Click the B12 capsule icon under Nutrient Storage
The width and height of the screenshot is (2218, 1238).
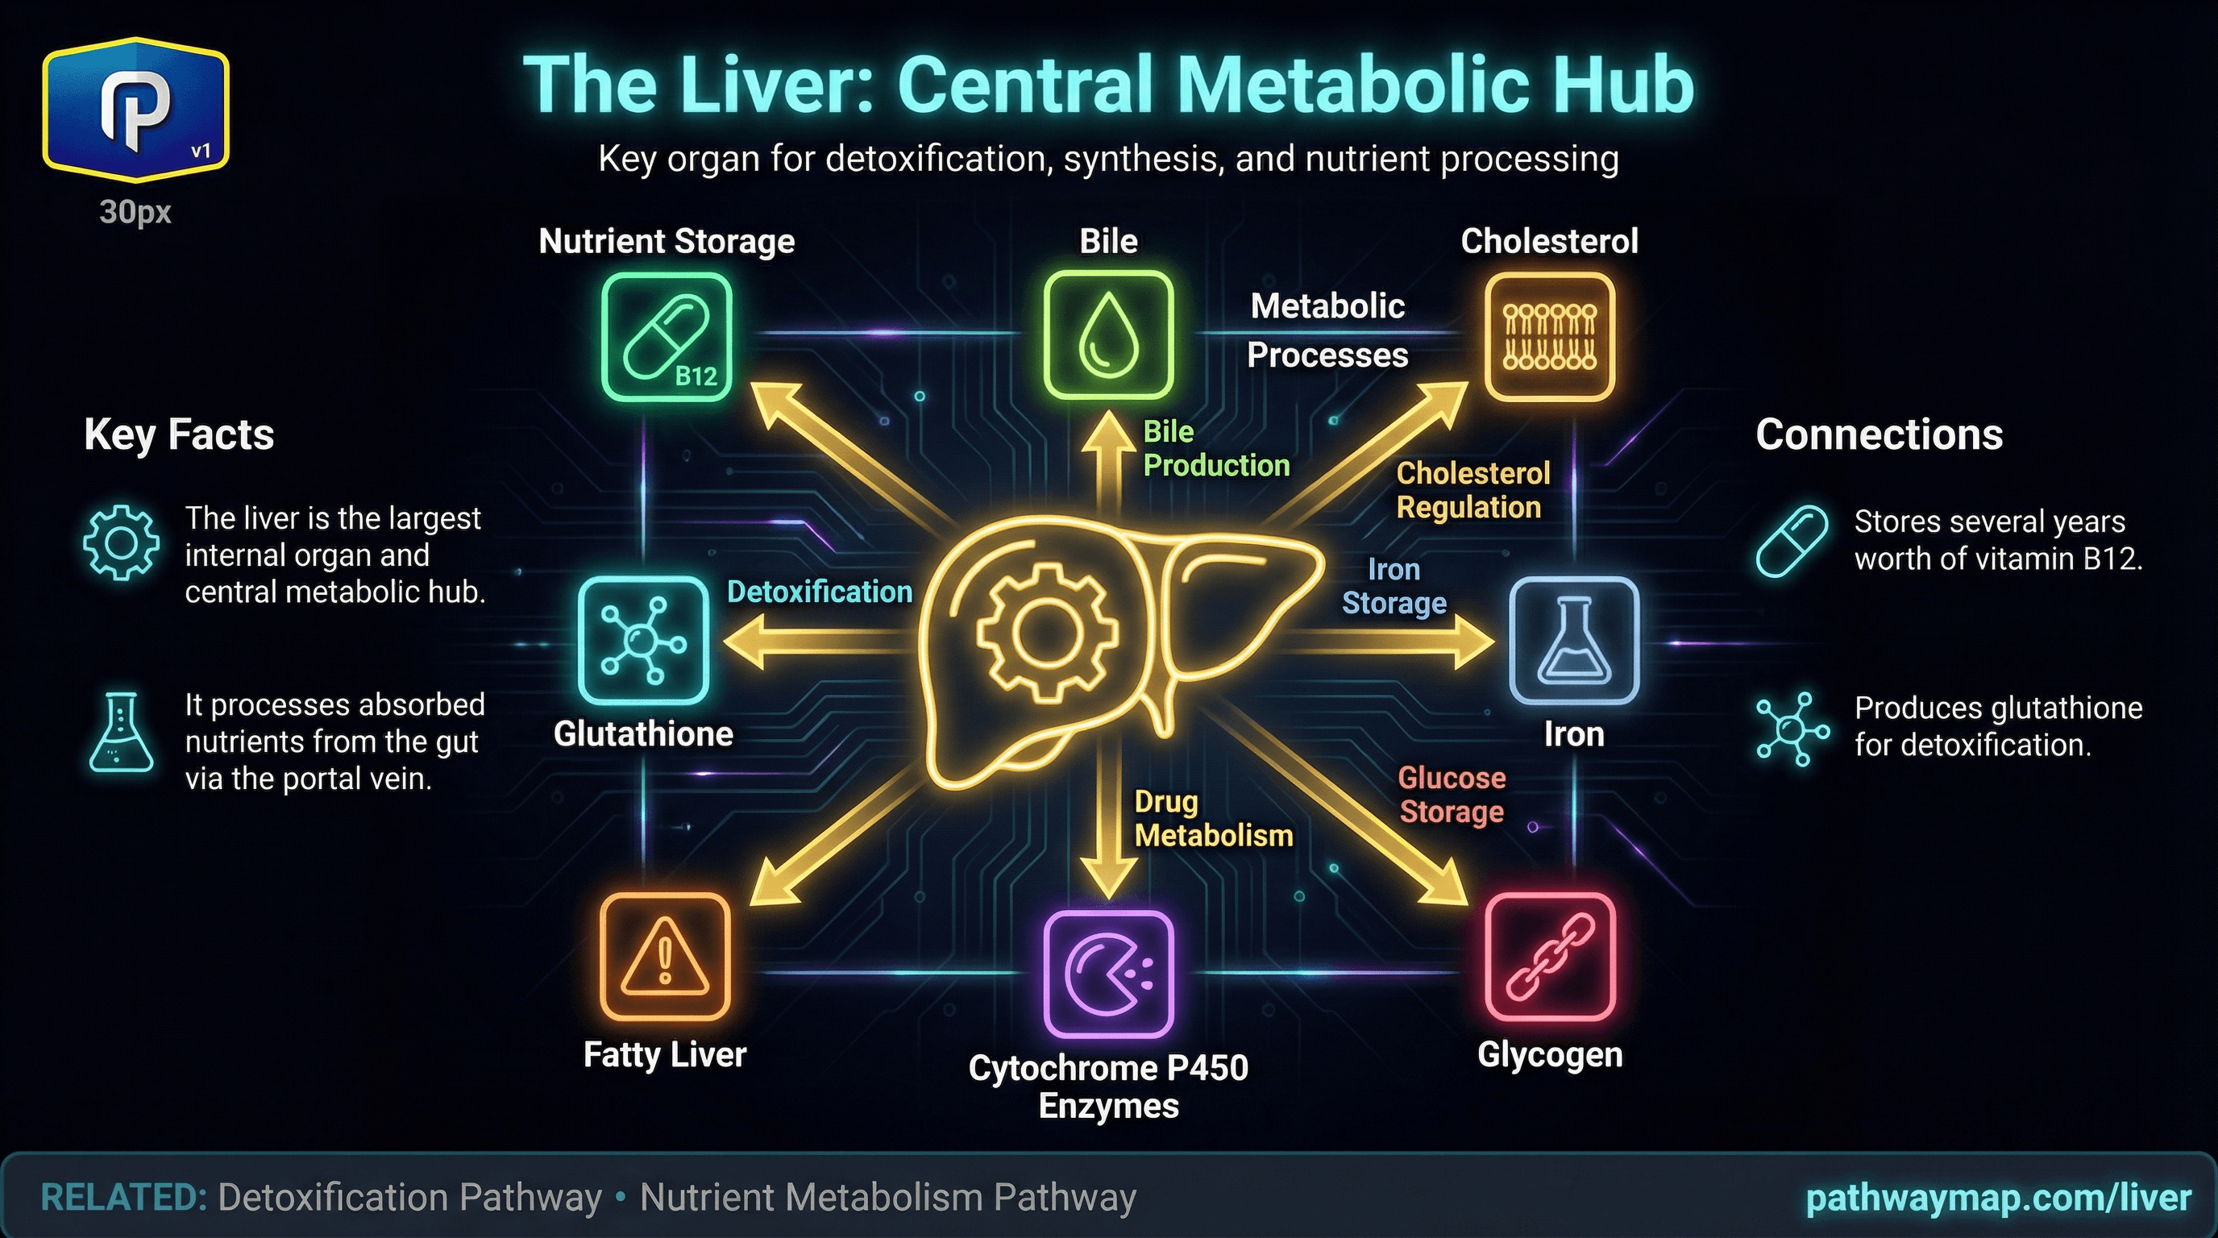(667, 338)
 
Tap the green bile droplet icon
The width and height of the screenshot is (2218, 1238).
(1108, 336)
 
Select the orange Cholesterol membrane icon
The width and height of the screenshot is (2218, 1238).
(1549, 338)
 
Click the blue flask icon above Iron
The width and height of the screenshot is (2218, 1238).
(1573, 642)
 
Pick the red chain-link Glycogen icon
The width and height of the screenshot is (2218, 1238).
(1550, 957)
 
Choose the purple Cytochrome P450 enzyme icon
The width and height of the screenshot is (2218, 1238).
(1108, 974)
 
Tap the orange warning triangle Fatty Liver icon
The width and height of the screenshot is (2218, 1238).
(665, 957)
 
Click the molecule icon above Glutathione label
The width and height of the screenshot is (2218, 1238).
(643, 641)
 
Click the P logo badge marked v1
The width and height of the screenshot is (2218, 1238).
(136, 110)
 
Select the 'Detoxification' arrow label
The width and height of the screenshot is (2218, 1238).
(819, 592)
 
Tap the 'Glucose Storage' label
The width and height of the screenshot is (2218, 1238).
(1452, 795)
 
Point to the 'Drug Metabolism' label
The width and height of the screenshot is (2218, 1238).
(1212, 819)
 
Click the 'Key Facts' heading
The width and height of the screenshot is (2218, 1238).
(179, 434)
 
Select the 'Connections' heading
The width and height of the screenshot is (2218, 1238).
(1879, 434)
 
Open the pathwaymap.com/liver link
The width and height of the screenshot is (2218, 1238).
(1998, 1198)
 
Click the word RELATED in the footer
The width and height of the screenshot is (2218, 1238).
(123, 1198)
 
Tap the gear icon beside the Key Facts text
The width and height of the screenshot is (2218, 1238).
(121, 543)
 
